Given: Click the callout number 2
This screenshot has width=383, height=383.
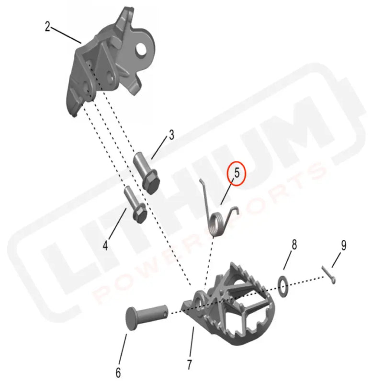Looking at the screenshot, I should click(47, 26).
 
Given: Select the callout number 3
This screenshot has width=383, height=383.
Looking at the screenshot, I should click(170, 135).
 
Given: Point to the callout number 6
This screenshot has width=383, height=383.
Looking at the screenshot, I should click(118, 372).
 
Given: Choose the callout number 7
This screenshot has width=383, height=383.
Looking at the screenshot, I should click(190, 364).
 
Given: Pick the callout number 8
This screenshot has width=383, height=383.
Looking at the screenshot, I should click(294, 245).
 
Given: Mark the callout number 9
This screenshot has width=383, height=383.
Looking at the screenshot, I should click(343, 245).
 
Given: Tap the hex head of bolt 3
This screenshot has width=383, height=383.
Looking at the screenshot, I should click(151, 183).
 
